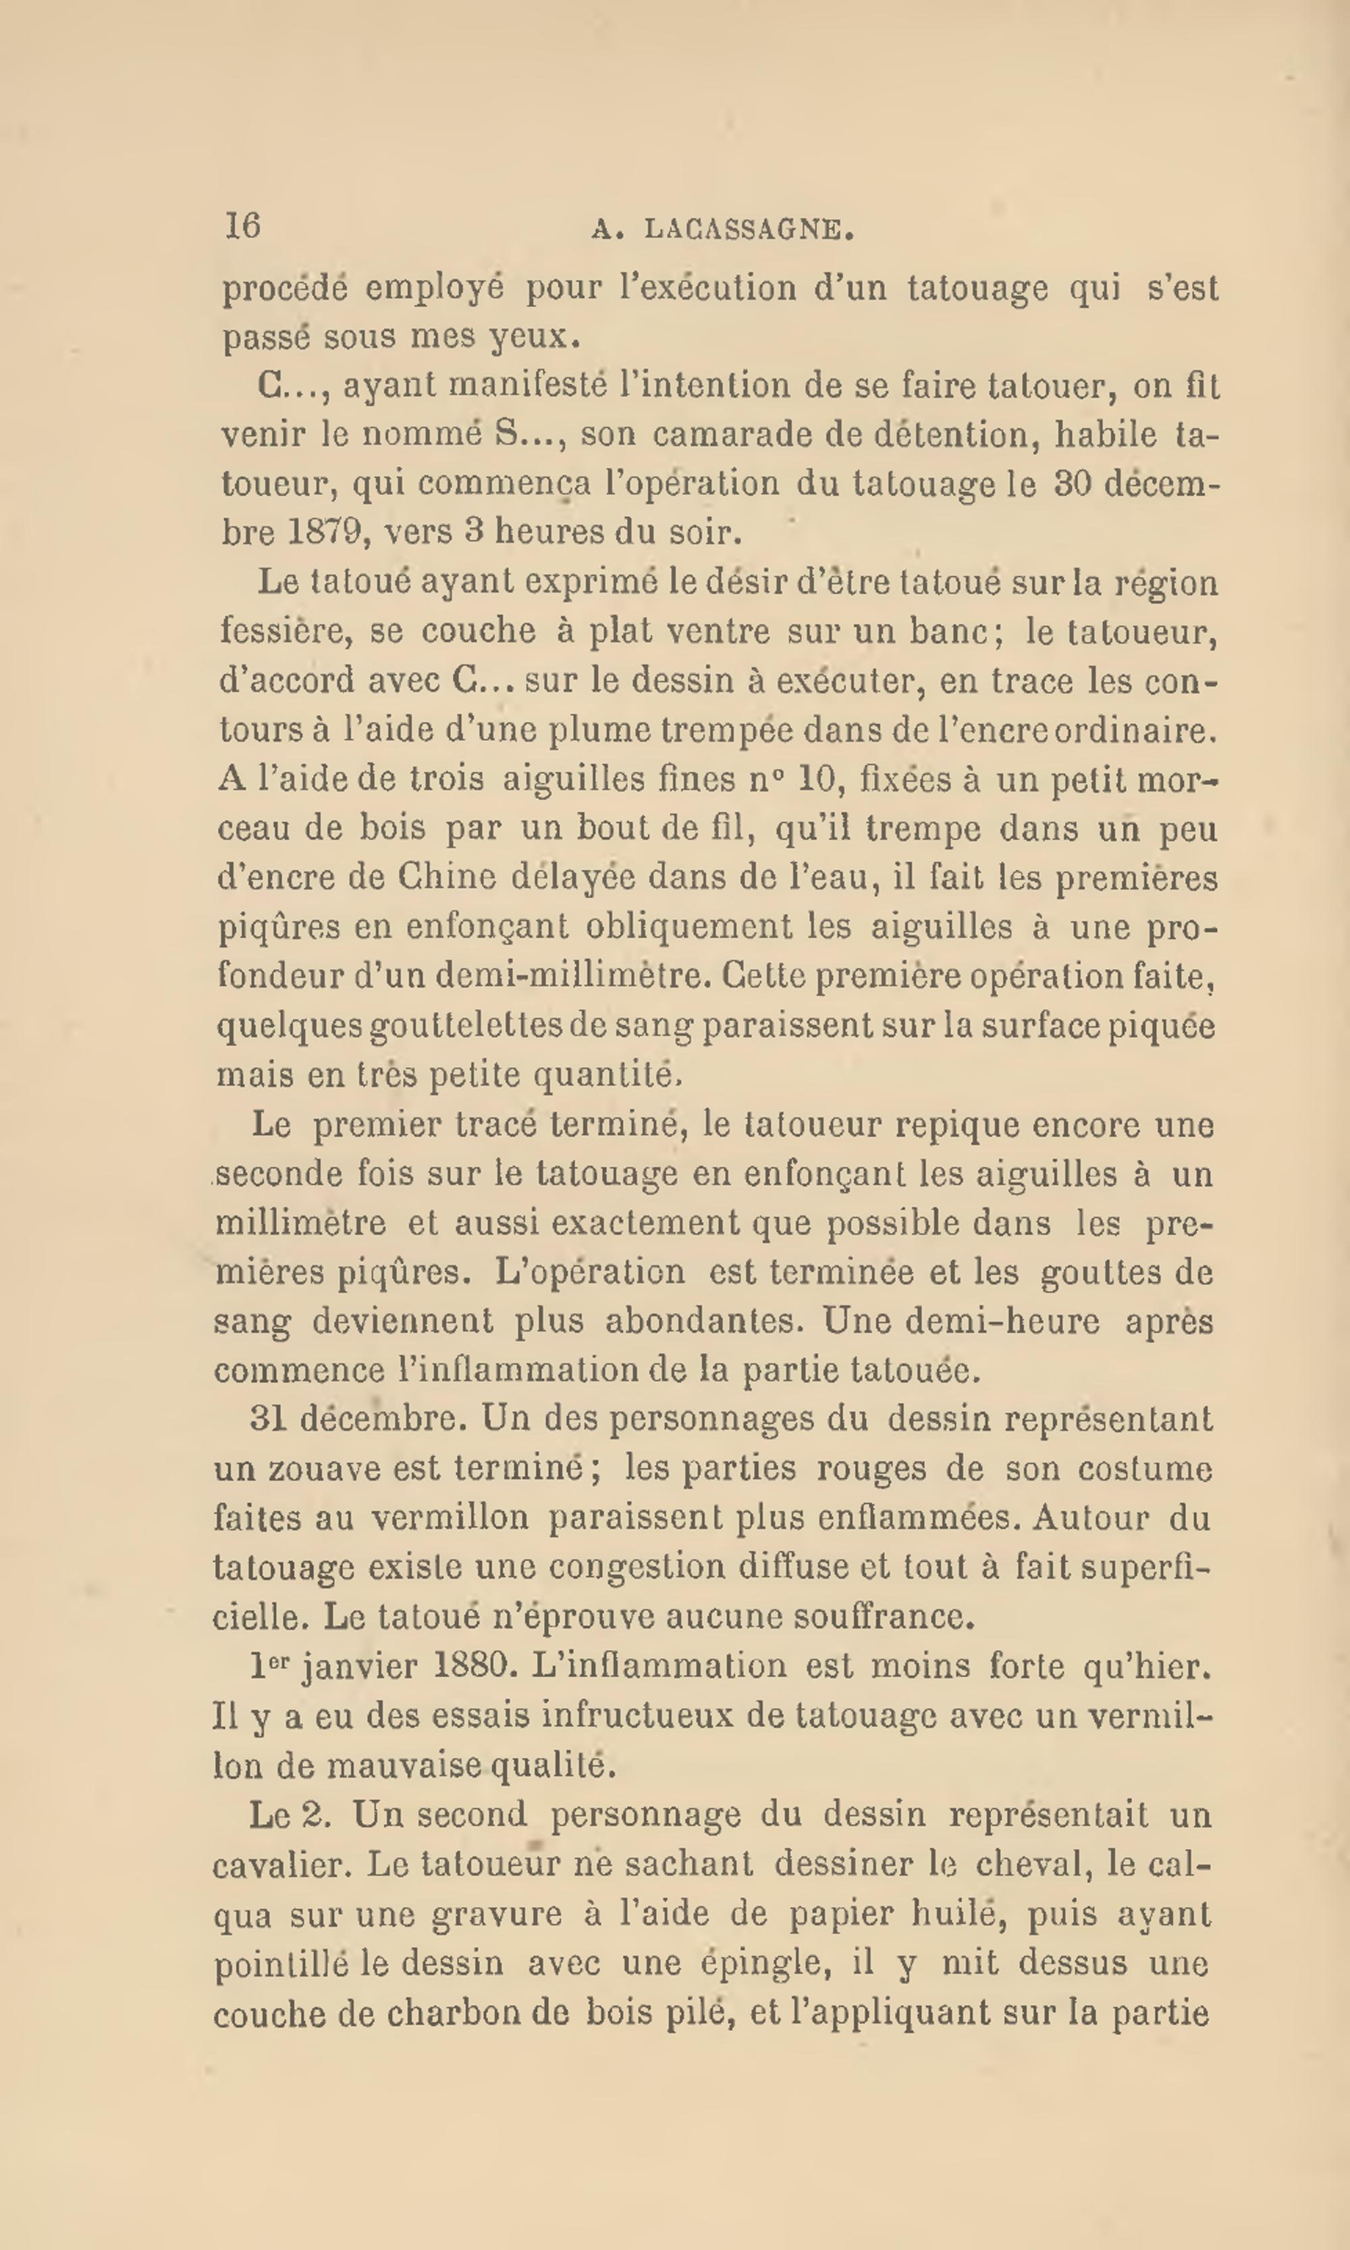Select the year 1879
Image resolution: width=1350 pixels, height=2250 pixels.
click(x=327, y=532)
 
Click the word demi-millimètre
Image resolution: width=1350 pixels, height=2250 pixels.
click(x=573, y=976)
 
